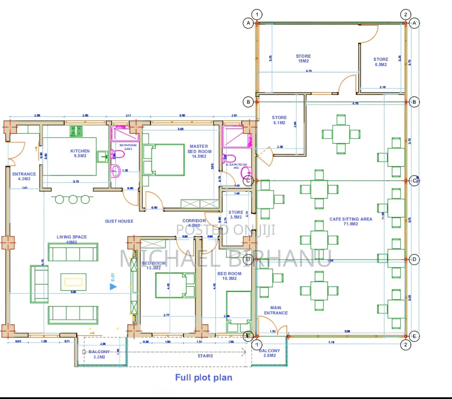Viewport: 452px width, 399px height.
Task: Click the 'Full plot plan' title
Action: click(x=203, y=378)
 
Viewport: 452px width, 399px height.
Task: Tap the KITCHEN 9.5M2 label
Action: click(x=80, y=153)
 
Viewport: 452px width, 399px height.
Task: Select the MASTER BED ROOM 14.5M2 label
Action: click(x=199, y=151)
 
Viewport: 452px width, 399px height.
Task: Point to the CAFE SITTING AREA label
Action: click(x=351, y=221)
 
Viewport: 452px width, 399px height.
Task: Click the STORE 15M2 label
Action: click(x=303, y=59)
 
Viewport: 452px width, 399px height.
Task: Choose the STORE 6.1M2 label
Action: click(x=279, y=120)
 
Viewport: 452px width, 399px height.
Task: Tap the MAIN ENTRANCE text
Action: click(x=276, y=310)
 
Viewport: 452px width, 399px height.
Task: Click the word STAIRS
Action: click(x=205, y=356)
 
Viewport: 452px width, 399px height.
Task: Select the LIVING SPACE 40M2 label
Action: click(x=72, y=239)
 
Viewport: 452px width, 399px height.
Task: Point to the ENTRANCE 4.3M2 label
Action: click(x=24, y=176)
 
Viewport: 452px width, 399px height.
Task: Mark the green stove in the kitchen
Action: click(x=76, y=131)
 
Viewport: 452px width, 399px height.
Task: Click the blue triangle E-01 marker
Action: click(x=113, y=286)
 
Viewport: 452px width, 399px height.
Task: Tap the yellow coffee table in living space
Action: click(x=73, y=282)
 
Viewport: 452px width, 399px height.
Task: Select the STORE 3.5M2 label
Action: click(x=236, y=214)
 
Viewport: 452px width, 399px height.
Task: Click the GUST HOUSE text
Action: click(x=119, y=221)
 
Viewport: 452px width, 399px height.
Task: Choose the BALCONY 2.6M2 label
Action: click(x=270, y=353)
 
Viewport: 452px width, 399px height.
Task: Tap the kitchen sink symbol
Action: click(x=102, y=156)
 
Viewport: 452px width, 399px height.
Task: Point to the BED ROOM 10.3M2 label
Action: click(x=229, y=276)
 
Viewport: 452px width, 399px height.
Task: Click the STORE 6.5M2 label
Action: click(x=381, y=62)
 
